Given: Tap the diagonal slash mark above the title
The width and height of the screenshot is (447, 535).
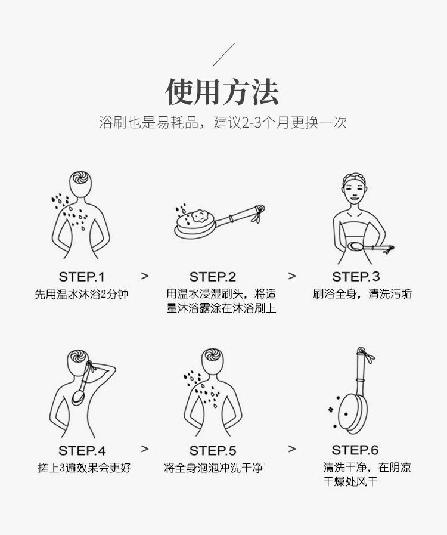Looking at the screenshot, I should point(223,53).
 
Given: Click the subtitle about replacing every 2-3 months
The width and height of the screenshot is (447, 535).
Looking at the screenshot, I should point(223,123).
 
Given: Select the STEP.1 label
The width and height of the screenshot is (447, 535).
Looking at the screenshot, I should point(82,277).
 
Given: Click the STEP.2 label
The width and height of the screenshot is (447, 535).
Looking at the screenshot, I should point(213,277).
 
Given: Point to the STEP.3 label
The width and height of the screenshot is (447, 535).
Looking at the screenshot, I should point(356,277).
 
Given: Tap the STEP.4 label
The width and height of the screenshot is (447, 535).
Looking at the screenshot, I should point(82,450).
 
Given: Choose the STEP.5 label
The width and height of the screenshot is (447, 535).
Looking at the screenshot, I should point(213,450).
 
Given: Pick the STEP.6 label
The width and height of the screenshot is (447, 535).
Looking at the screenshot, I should point(355,450).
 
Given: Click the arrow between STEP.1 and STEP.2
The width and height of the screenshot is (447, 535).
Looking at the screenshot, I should point(145,276).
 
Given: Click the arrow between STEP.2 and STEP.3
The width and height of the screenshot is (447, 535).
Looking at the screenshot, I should point(292,276).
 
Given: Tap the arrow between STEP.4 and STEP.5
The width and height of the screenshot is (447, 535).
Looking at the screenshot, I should point(145,449).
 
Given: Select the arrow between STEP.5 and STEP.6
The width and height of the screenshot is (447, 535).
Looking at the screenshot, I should point(292,449).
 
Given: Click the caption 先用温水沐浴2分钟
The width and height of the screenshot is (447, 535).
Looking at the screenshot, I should point(82,294).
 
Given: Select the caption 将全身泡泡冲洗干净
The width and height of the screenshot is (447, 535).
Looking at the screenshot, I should point(213,468).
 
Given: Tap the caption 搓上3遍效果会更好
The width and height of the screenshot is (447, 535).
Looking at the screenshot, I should point(84,468).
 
